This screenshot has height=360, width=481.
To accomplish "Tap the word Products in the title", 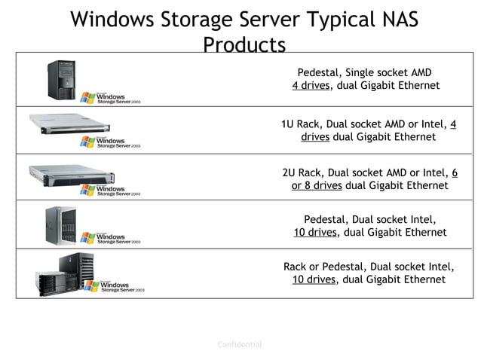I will click(x=244, y=45).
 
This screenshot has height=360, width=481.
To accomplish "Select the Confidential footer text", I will click(x=240, y=345).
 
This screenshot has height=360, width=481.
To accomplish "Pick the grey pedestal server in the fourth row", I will click(x=61, y=224).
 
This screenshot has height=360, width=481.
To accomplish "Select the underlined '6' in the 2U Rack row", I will click(x=455, y=172).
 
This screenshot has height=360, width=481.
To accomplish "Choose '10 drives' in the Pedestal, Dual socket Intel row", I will click(x=315, y=233).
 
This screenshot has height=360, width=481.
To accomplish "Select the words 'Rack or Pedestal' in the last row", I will click(x=323, y=267).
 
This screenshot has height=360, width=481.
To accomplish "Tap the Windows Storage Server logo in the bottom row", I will click(x=113, y=286).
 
